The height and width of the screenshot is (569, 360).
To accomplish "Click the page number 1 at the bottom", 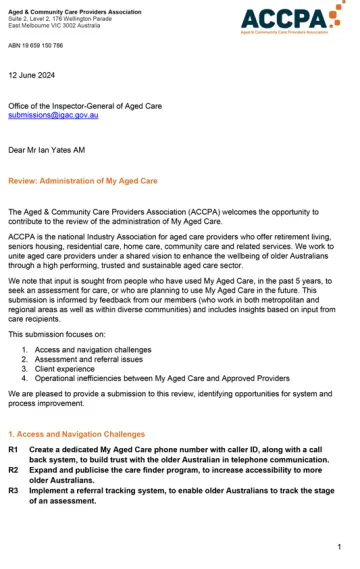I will pyautogui.click(x=340, y=547).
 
